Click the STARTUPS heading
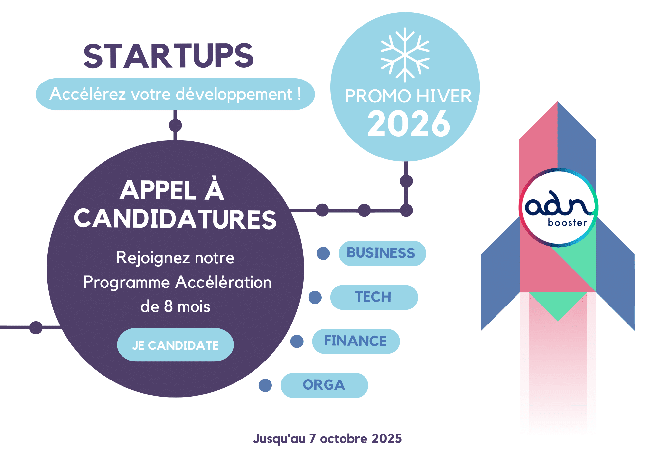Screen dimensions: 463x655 click(169, 56)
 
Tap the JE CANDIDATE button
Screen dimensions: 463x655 click(175, 345)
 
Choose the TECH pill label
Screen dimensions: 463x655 click(374, 297)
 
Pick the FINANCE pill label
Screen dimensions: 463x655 click(356, 341)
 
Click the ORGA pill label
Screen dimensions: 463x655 click(324, 385)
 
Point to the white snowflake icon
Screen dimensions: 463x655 click(405, 55)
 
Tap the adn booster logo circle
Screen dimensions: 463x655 click(558, 208)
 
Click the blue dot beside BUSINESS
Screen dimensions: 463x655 click(323, 253)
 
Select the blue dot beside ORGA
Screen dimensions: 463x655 click(265, 385)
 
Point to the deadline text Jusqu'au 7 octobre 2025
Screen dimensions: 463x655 click(327, 438)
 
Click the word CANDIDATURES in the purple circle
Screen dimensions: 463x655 click(175, 219)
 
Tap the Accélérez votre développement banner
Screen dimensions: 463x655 click(175, 94)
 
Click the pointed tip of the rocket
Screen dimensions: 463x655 click(557, 104)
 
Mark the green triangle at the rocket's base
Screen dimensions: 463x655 click(558, 305)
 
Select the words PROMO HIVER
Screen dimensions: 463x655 click(408, 96)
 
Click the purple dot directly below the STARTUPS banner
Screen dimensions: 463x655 click(175, 125)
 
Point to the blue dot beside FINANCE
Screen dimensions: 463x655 click(297, 341)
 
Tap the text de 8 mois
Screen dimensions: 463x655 click(175, 306)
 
